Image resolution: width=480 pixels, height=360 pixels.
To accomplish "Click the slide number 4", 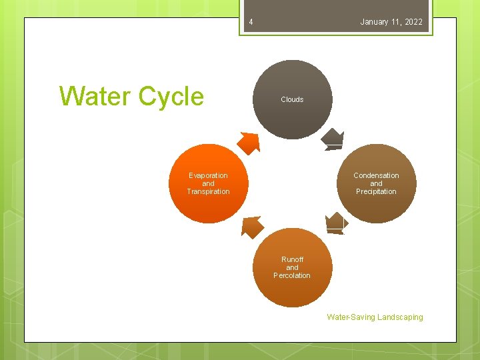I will pyautogui.click(x=251, y=23).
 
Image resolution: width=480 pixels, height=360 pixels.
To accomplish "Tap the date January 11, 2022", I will pyautogui.click(x=391, y=22).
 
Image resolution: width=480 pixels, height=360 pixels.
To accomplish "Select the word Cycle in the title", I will pyautogui.click(x=171, y=97).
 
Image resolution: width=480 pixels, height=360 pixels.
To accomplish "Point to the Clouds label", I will pyautogui.click(x=292, y=99).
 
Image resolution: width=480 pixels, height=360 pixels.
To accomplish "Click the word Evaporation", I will pyautogui.click(x=208, y=175).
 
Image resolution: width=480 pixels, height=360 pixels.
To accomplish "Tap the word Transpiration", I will pyautogui.click(x=208, y=191).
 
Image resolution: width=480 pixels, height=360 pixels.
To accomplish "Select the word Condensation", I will pyautogui.click(x=376, y=175).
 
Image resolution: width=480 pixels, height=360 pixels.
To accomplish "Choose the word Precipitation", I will pyautogui.click(x=376, y=191).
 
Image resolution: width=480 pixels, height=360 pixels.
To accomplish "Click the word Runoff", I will pyautogui.click(x=292, y=259).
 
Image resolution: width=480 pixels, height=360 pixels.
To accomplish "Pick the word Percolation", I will pyautogui.click(x=292, y=275).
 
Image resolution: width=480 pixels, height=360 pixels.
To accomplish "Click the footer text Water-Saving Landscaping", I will pyautogui.click(x=375, y=317).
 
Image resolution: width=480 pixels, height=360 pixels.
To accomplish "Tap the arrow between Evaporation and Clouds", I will pyautogui.click(x=249, y=142).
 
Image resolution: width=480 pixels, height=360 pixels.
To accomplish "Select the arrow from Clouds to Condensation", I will pyautogui.click(x=333, y=139).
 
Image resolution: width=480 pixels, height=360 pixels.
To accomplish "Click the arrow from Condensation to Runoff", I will pyautogui.click(x=335, y=223).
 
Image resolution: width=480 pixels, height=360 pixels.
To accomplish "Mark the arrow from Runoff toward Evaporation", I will pyautogui.click(x=251, y=227).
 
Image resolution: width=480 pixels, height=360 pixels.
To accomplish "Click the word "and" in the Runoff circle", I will pyautogui.click(x=292, y=267).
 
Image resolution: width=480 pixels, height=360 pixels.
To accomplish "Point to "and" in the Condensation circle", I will pyautogui.click(x=376, y=183).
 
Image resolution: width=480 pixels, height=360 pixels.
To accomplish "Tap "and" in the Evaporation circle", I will pyautogui.click(x=208, y=183).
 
